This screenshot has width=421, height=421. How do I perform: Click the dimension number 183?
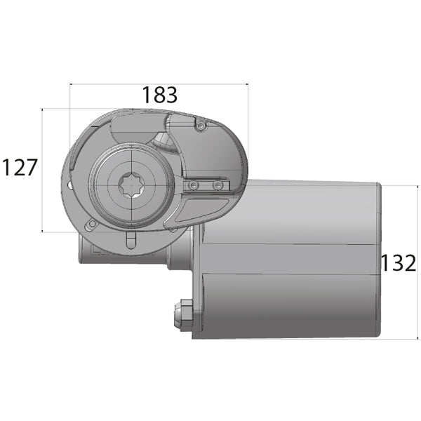159,95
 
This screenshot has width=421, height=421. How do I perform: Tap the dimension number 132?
399,263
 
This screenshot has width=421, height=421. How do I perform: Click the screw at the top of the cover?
201,126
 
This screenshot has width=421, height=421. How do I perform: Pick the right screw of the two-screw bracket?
218,185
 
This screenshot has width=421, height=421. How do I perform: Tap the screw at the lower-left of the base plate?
91,225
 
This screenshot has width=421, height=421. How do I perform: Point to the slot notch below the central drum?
131,240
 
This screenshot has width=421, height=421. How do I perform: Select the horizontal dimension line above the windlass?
159,84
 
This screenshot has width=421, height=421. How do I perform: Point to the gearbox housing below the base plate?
126,253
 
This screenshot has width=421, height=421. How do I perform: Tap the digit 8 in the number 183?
159,95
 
